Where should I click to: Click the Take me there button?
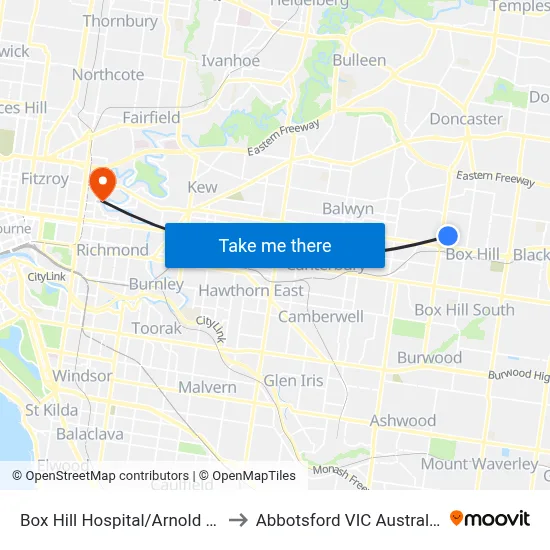tap(275, 245)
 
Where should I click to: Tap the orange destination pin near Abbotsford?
tap(102, 182)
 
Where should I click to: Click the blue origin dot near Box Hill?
tap(448, 236)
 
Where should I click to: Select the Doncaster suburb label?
tap(465, 119)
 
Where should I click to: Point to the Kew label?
tap(202, 187)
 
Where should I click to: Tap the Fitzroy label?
tap(44, 179)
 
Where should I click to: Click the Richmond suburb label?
tap(112, 250)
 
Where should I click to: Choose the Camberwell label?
tap(321, 316)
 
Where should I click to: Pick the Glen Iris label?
tap(293, 380)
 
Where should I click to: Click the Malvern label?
tap(207, 387)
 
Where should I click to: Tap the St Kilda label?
tap(52, 409)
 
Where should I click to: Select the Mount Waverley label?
tap(479, 463)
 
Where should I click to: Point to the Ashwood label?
tap(402, 421)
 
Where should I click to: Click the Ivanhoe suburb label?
tap(231, 61)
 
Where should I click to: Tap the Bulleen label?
tap(359, 60)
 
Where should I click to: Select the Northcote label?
tap(108, 75)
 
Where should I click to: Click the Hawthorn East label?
tap(251, 290)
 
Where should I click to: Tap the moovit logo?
tap(490, 518)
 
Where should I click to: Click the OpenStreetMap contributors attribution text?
tap(107, 476)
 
